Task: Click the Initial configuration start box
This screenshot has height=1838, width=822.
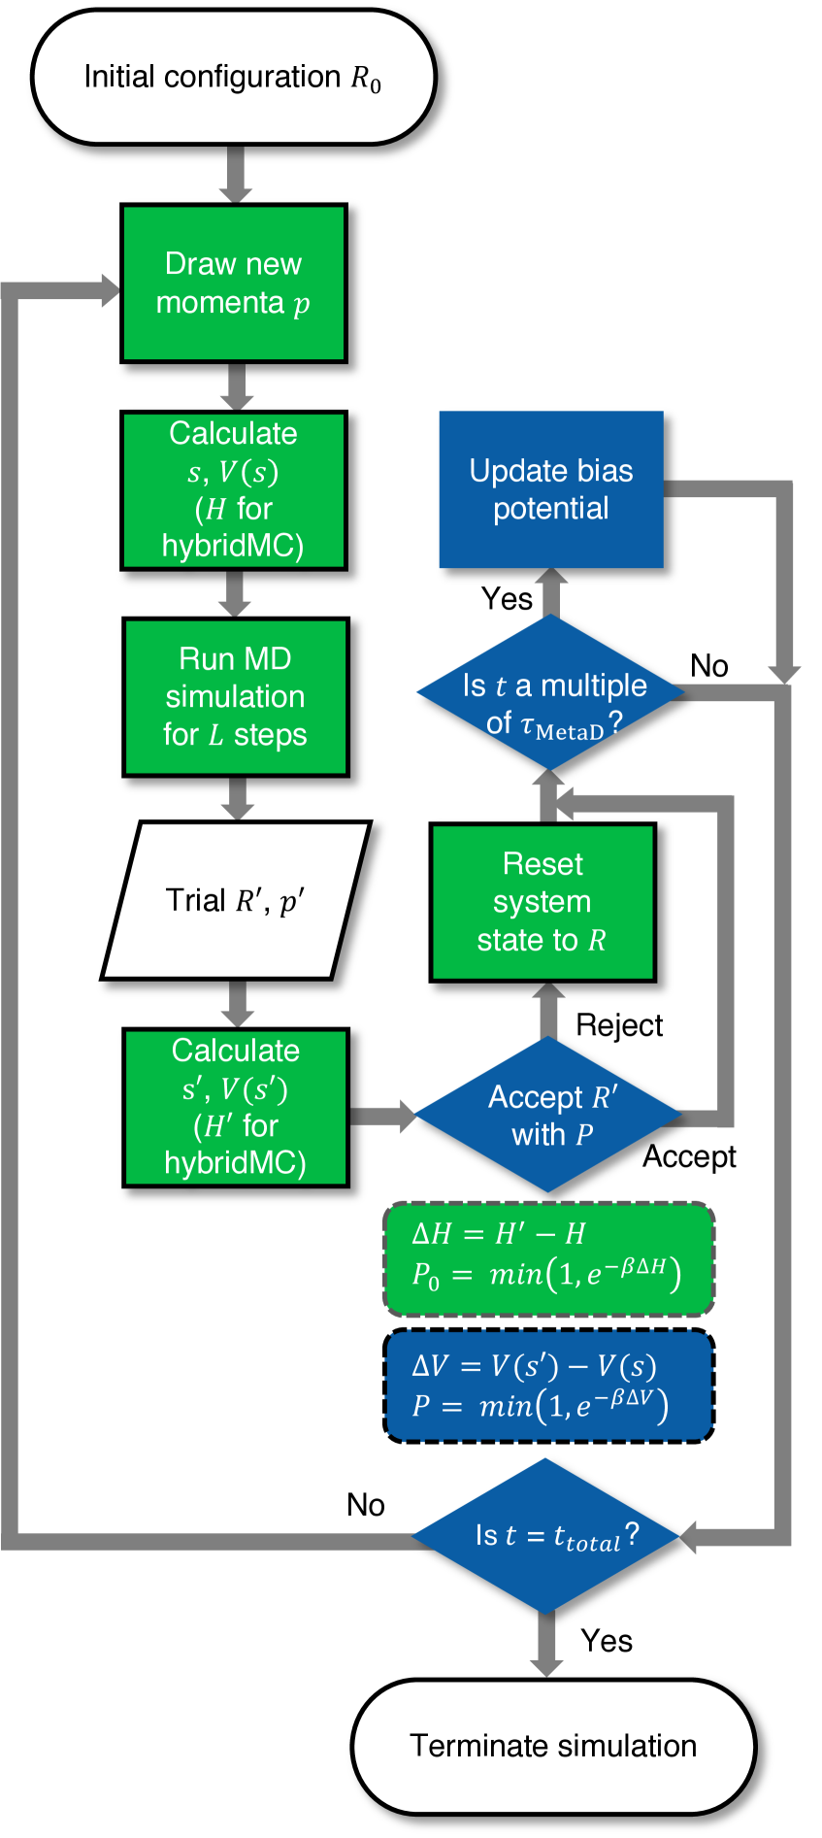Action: [233, 78]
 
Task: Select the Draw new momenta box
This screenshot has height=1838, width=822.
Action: [233, 284]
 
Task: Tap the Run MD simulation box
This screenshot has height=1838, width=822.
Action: [236, 697]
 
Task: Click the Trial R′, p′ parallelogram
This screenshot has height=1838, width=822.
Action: [236, 901]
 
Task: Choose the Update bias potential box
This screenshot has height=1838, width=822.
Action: [551, 489]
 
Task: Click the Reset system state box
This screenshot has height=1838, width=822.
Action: [543, 902]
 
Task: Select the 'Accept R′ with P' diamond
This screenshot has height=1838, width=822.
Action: [549, 1115]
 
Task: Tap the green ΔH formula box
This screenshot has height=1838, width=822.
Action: [549, 1258]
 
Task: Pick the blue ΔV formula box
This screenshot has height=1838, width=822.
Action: [549, 1386]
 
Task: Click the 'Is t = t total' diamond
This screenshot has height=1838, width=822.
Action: [549, 1536]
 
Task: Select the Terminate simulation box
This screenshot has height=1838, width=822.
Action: [553, 1746]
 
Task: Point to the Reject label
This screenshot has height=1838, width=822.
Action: [619, 1025]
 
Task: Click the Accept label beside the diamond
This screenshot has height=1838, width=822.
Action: [689, 1156]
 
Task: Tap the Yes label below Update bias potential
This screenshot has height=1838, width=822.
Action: [507, 599]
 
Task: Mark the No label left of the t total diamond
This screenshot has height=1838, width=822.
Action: [366, 1505]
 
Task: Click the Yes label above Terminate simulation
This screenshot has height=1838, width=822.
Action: [607, 1641]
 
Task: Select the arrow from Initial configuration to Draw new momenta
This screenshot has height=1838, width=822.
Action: [234, 175]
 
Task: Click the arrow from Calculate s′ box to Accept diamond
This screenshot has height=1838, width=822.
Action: [382, 1115]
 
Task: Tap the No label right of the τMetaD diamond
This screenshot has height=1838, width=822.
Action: [709, 666]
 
